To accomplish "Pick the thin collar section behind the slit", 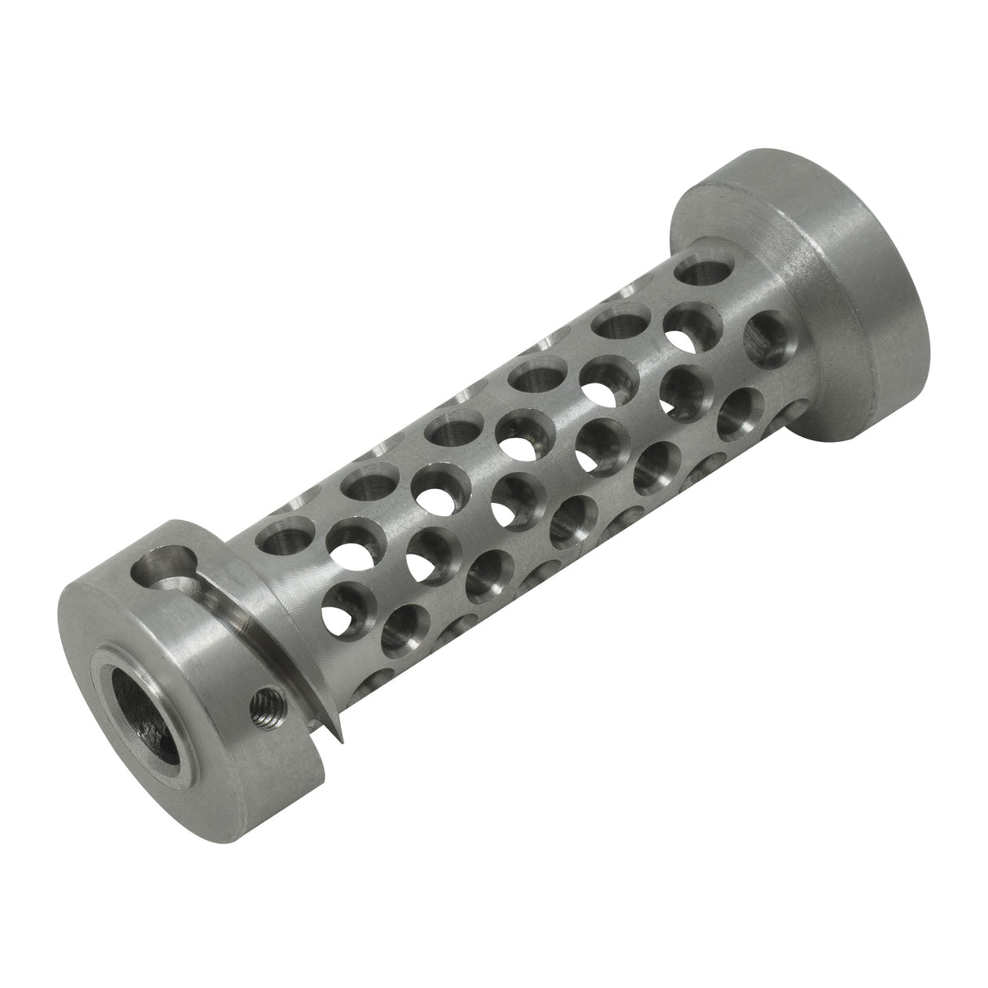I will [244, 570].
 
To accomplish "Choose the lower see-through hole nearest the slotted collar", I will [342, 606].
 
